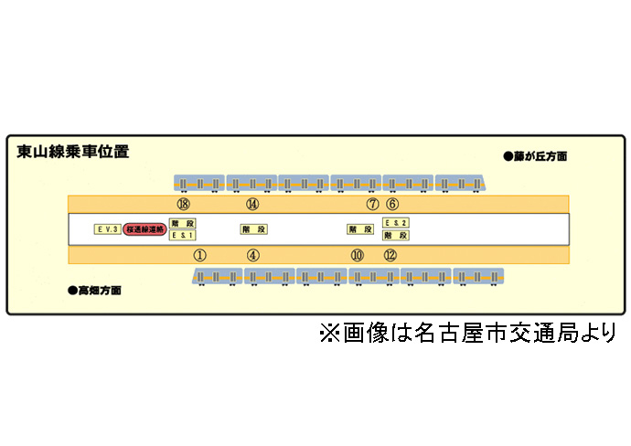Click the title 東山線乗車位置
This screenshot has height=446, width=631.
click(x=73, y=152)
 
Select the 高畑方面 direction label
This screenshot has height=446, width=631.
click(x=95, y=291)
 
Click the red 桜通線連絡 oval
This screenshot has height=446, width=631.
click(x=144, y=229)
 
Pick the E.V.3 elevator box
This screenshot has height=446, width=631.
click(x=108, y=229)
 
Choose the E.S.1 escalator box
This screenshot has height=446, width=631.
click(x=183, y=235)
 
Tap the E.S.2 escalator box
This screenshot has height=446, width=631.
click(x=395, y=223)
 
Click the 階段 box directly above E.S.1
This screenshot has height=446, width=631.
click(x=183, y=223)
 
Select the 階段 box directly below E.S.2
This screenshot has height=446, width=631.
click(x=395, y=235)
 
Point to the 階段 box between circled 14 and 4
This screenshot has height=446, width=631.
click(x=253, y=229)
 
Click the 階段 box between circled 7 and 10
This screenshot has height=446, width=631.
click(x=359, y=229)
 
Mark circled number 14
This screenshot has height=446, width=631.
click(x=253, y=204)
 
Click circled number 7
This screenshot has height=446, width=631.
click(x=372, y=204)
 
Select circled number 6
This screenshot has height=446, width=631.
click(x=392, y=204)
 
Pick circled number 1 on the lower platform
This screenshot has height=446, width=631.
click(x=200, y=255)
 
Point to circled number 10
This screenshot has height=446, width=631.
click(x=358, y=255)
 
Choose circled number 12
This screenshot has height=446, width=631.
click(x=390, y=255)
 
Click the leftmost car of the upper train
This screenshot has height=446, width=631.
click(x=198, y=184)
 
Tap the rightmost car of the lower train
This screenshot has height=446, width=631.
click(x=478, y=277)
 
